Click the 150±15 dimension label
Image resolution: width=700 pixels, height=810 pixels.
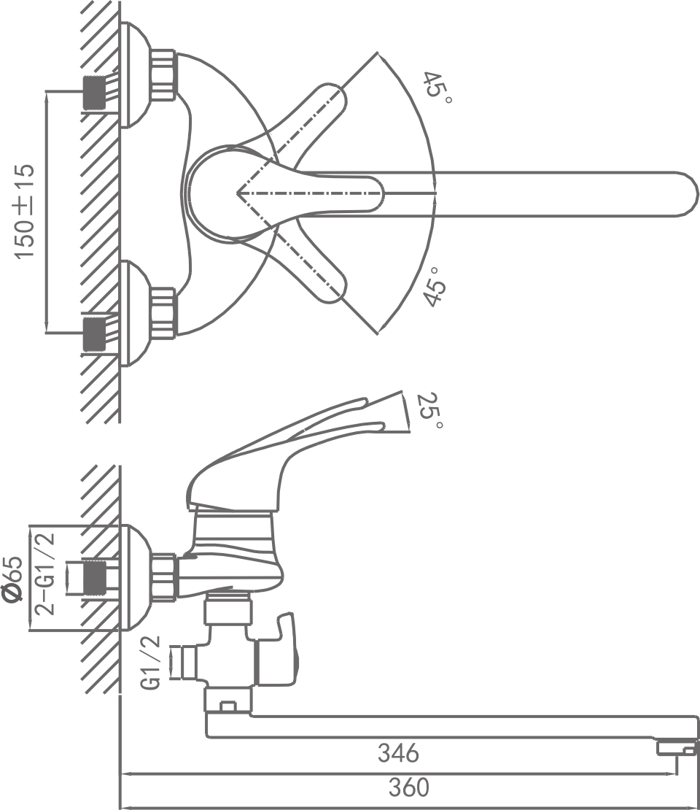[25, 211]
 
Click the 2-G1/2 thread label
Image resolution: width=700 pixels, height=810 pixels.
[45, 573]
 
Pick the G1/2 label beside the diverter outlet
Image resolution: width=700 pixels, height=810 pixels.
[152, 663]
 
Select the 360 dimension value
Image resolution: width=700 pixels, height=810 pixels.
[408, 788]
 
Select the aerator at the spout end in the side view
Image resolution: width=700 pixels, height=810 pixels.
[676, 749]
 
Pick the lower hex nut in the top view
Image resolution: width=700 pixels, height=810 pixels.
[163, 313]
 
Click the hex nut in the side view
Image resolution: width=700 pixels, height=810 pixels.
[164, 577]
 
